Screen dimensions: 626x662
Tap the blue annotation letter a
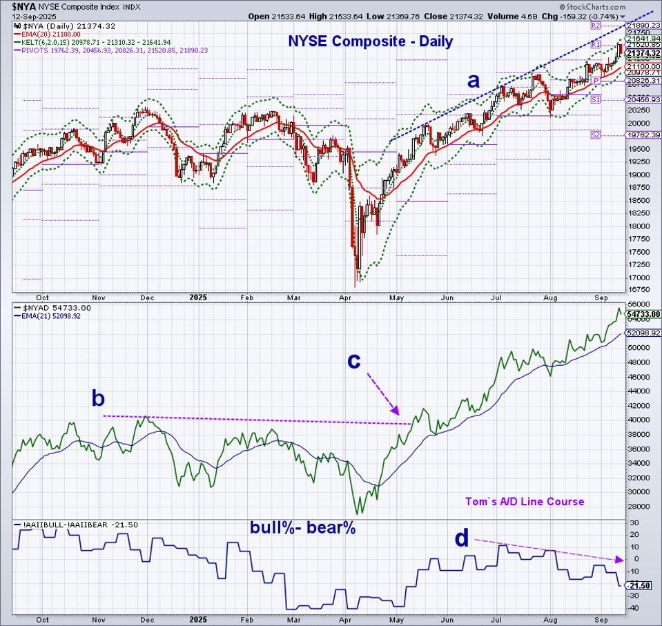[473, 80]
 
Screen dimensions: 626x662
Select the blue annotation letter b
[99, 398]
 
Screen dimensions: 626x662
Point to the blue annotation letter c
[353, 360]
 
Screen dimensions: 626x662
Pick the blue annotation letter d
[463, 538]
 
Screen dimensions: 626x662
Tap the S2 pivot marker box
[596, 135]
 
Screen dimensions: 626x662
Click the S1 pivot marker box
[596, 100]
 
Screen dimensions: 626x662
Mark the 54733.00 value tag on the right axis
[643, 314]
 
